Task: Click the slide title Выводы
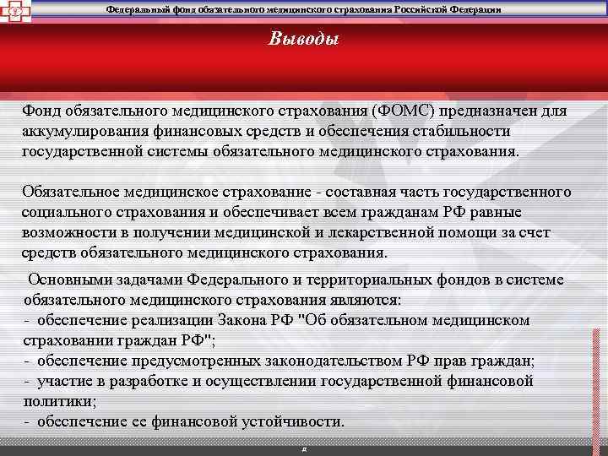pos(304,39)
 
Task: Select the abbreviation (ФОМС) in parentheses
pos(395,111)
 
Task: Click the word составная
pos(360,192)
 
